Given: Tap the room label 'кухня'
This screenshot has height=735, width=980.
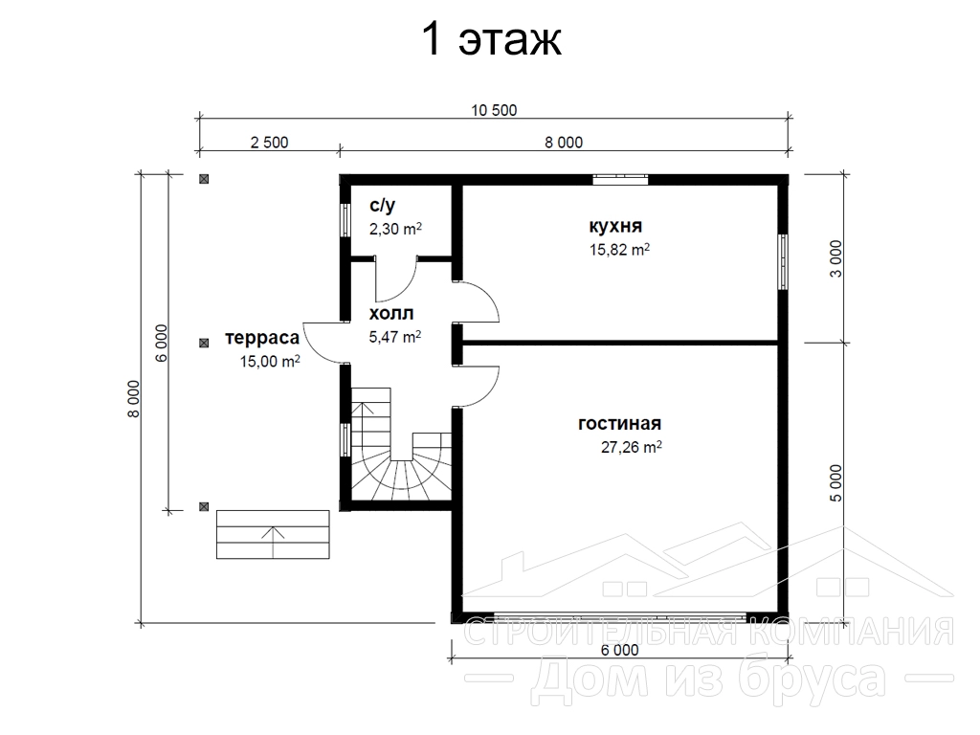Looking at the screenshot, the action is [615, 226].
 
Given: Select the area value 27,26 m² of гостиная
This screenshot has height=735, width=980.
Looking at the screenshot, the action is [632, 447].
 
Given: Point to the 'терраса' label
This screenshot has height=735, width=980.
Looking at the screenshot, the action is [262, 338].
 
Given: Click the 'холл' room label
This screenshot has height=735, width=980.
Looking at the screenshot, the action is [391, 313].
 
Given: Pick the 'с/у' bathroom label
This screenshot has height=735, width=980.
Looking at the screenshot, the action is [383, 205].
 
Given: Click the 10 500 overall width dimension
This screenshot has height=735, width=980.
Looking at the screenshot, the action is [494, 111].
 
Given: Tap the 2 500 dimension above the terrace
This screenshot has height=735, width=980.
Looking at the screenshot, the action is [269, 143].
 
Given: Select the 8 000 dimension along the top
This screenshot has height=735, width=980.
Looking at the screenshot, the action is [563, 143].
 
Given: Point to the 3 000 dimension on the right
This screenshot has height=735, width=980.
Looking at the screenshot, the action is [835, 258].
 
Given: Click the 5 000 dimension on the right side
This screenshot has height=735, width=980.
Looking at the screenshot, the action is [835, 482].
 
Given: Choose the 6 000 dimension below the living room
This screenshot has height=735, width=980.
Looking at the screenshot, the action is [619, 650].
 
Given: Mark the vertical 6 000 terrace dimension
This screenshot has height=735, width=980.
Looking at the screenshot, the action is [161, 344].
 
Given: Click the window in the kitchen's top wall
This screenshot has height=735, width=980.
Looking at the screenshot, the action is [620, 180].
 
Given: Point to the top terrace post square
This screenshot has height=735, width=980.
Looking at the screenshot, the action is [204, 179].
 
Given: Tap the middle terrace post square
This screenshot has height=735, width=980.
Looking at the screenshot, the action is [204, 344].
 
